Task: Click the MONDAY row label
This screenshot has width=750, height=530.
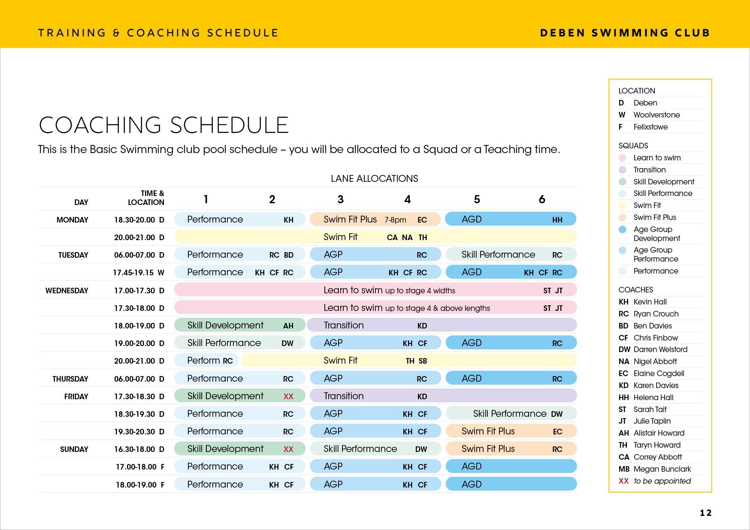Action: coord(72,220)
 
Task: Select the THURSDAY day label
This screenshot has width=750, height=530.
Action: coord(70,379)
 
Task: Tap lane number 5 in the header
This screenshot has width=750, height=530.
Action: coord(477,199)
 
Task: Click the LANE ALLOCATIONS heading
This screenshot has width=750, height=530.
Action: coord(374,178)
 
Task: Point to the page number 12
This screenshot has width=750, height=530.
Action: coord(705,513)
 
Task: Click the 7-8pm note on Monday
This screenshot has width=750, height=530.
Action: coord(395,220)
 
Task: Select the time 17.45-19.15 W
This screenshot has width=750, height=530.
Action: coord(139,273)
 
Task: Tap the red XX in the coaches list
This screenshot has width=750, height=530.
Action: coord(623,481)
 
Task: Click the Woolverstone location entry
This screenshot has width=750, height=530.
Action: coord(656,115)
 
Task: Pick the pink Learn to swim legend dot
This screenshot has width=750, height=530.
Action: coord(623,158)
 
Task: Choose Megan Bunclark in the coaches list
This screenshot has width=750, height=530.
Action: coord(662,469)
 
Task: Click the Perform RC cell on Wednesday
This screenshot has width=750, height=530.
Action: coord(210,361)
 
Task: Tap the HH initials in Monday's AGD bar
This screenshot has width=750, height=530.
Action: coord(557,220)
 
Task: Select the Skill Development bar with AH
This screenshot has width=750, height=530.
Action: coord(239,325)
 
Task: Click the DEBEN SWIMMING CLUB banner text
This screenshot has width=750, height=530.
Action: coord(625,33)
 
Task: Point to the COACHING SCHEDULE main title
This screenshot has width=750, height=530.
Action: coord(163,125)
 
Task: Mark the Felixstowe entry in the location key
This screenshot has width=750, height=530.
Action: coord(650,127)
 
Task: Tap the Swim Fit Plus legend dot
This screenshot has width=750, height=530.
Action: coord(623,217)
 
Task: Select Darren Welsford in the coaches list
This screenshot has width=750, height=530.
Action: coord(660,349)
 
